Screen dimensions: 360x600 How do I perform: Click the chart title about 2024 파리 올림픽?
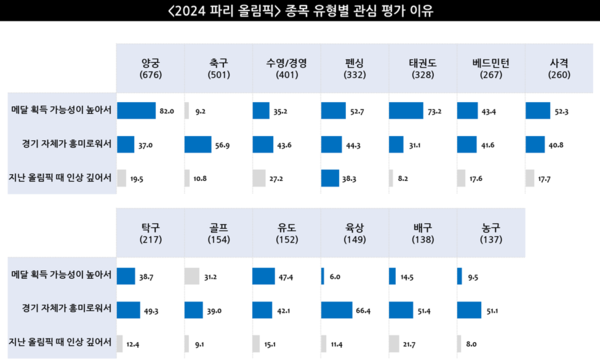[300, 13]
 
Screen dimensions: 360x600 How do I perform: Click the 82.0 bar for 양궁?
[137, 109]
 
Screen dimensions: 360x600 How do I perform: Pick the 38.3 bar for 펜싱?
[332, 178]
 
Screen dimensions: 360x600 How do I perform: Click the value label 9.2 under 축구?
[202, 110]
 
